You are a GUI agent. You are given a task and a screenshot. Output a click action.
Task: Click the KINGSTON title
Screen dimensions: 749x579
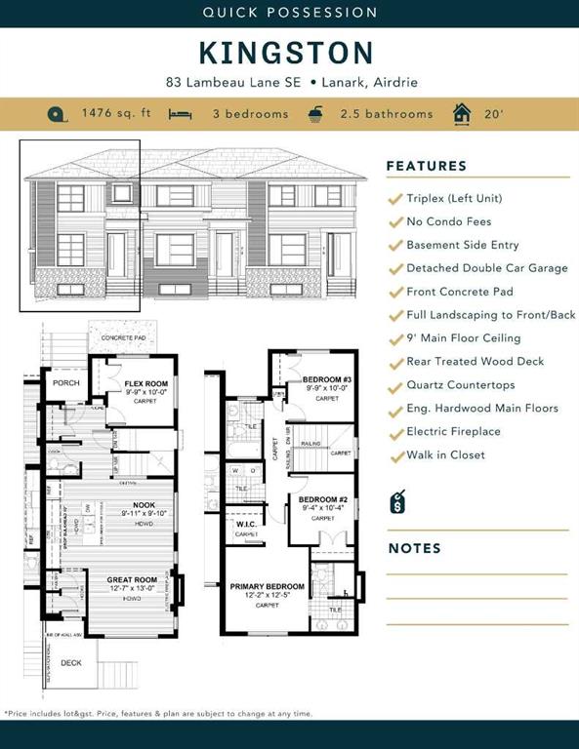286,52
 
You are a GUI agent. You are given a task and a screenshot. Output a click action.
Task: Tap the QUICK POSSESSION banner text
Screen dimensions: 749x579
289,13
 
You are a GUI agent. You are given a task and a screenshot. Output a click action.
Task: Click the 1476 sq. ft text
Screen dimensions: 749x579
116,113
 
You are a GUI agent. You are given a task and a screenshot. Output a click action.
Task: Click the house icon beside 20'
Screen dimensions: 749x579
462,113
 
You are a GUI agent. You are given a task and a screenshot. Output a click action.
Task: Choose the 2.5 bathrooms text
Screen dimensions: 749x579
386,114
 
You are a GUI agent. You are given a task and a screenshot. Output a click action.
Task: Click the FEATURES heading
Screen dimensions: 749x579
427,166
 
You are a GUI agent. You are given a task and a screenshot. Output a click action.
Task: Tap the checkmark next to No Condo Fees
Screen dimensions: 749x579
394,221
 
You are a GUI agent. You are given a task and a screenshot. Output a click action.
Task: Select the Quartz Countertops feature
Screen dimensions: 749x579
461,385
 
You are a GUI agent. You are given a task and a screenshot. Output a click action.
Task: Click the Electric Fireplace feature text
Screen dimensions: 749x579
453,432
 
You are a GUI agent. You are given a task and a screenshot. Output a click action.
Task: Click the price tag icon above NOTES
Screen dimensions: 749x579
397,502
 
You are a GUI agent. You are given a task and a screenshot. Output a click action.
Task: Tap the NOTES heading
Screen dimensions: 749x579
415,548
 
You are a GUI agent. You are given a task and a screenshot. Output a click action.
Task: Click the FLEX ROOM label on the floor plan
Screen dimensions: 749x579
146,384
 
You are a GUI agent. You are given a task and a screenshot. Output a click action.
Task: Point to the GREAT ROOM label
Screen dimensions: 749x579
132,580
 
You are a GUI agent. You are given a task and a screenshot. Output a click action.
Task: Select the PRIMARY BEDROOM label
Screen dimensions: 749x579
267,587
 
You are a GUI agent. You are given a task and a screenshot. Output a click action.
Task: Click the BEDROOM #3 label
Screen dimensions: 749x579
326,379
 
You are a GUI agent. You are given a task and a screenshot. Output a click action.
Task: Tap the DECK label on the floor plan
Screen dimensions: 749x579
70,661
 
